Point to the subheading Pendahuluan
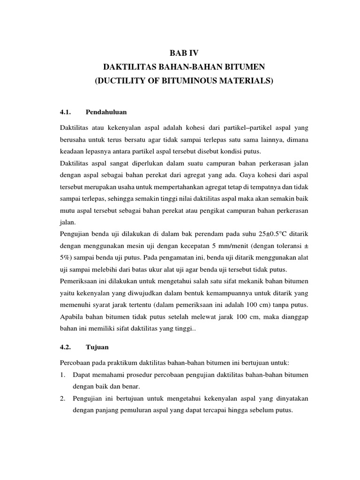[107, 112]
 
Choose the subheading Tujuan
[97, 347]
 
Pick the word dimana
[296, 140]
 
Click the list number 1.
[63, 375]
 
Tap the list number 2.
[63, 398]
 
